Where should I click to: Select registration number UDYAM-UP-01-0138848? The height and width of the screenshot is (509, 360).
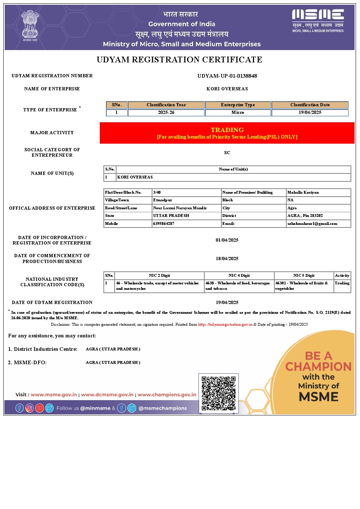click(x=227, y=76)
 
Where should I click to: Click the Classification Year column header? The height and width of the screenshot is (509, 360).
click(x=166, y=105)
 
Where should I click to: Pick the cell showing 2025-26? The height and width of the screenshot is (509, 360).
click(x=166, y=112)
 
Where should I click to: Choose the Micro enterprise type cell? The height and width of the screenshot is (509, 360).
click(x=238, y=112)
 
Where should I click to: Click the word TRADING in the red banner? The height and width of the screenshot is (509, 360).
click(x=227, y=130)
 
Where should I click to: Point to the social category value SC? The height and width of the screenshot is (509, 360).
click(x=227, y=153)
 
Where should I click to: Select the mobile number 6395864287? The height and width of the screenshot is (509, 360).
click(x=164, y=223)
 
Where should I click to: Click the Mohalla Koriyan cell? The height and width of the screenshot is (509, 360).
click(x=303, y=192)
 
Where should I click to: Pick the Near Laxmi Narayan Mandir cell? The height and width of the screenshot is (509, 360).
click(x=180, y=208)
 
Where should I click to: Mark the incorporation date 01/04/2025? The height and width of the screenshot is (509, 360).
click(x=227, y=240)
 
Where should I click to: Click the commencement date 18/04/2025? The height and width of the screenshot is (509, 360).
click(x=227, y=259)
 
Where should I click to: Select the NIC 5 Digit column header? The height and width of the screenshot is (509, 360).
click(x=304, y=275)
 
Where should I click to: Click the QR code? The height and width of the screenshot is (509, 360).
click(x=218, y=393)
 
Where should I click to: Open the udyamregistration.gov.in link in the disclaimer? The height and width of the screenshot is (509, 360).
click(x=225, y=324)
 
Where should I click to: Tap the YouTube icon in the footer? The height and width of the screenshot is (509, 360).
click(x=40, y=408)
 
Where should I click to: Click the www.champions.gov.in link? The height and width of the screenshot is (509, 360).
click(x=167, y=395)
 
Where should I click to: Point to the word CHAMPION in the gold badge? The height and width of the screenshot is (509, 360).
click(x=318, y=367)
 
